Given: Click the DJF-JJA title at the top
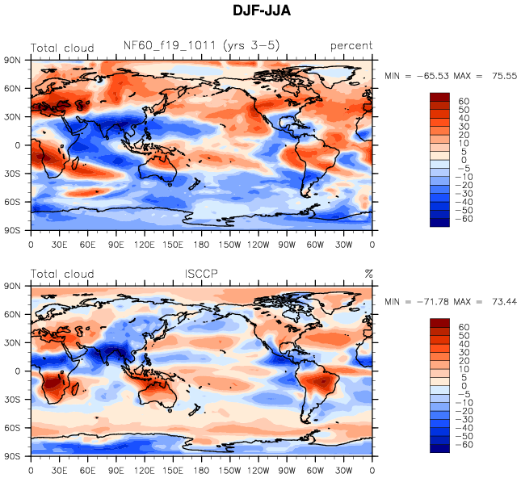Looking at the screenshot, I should [x=261, y=11].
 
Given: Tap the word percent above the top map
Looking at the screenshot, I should [x=351, y=46].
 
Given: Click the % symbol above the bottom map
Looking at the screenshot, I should [x=368, y=274].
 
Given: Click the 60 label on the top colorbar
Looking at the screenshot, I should [x=464, y=102].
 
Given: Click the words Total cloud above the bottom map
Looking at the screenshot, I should [x=62, y=274].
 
